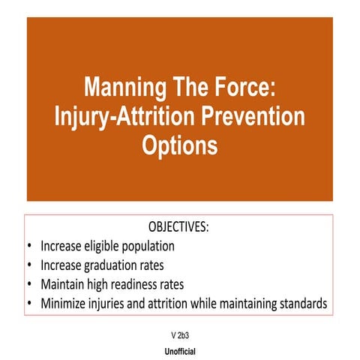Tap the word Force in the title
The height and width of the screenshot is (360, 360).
coord(237,88)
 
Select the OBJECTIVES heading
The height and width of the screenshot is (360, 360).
coord(180,226)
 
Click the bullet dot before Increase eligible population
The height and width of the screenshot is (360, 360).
coord(29,245)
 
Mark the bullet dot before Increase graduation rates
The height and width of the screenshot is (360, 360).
coord(29,265)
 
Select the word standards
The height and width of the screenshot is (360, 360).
coord(301,304)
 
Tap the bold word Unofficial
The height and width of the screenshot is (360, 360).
coord(180,350)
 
